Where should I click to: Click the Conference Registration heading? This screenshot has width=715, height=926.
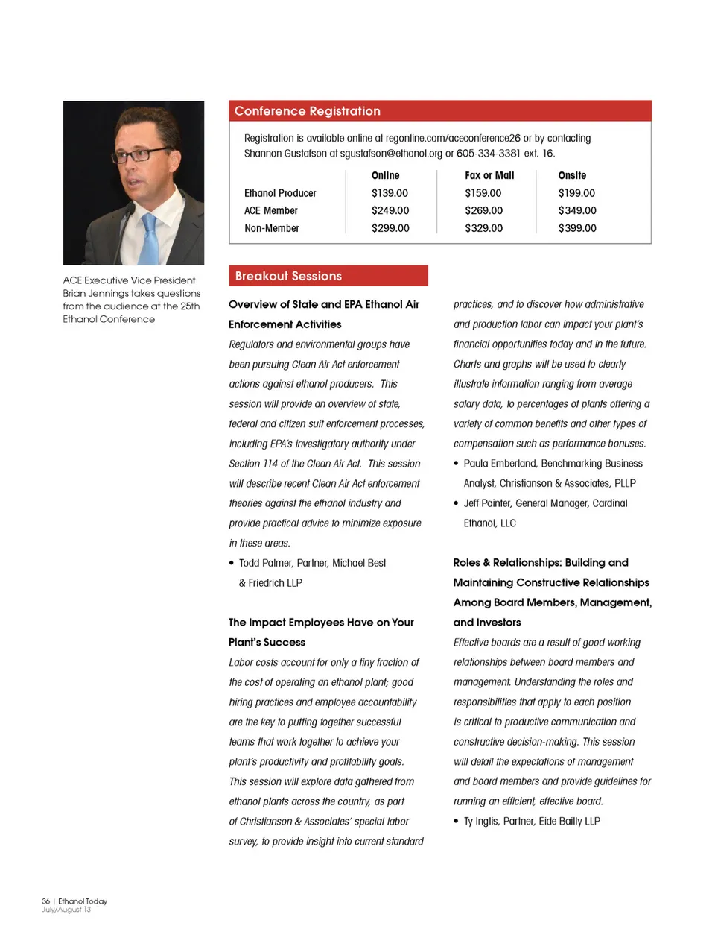click(307, 111)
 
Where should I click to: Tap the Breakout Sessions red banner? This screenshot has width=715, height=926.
click(328, 276)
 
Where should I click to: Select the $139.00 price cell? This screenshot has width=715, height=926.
click(390, 193)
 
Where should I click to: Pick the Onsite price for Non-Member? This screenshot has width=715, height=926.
click(577, 228)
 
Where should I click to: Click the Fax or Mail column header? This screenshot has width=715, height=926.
click(489, 175)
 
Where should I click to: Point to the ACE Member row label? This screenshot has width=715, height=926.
click(271, 211)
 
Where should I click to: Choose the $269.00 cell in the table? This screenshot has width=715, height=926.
click(483, 211)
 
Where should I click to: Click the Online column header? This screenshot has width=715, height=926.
click(385, 175)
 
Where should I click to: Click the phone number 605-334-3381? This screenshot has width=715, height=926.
click(488, 154)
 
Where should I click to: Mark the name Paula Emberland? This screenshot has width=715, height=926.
click(495, 463)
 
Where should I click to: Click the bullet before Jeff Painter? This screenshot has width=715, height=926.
click(457, 503)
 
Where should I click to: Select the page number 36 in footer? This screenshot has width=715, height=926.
click(45, 901)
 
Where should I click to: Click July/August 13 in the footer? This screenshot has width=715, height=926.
click(66, 910)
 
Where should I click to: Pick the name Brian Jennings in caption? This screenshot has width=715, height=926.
click(95, 293)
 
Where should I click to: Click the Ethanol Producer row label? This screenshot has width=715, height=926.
click(280, 193)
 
